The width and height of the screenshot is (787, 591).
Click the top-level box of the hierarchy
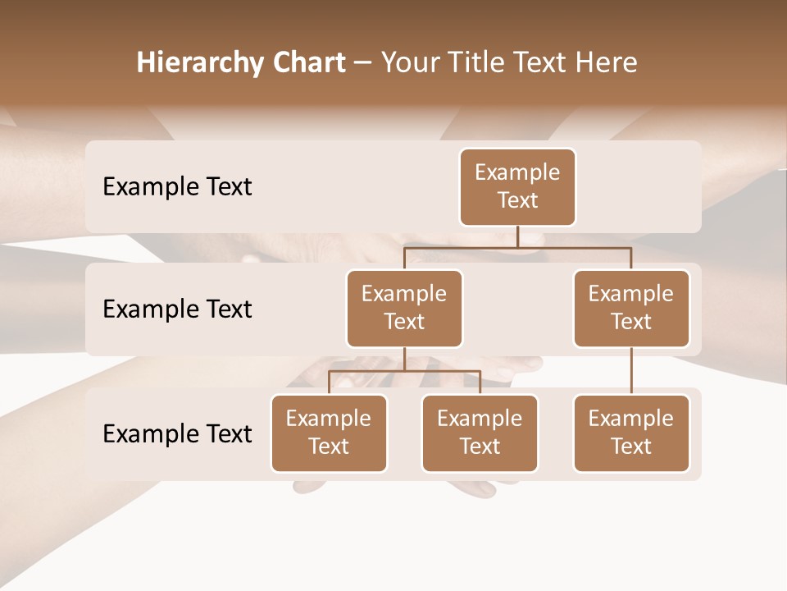[x=517, y=187]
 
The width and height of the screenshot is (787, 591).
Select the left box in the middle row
[x=404, y=309]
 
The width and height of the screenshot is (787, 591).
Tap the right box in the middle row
[x=631, y=309]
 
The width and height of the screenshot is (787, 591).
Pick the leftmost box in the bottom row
[x=329, y=433]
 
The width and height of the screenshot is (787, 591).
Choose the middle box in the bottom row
[x=480, y=433]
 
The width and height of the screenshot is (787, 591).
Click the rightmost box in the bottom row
[x=631, y=433]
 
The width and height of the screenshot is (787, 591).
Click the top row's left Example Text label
[x=177, y=187]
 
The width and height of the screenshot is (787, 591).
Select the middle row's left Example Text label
[x=177, y=309]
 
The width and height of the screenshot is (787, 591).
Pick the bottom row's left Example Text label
[x=177, y=433]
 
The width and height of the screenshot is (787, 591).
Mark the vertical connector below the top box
[x=517, y=236]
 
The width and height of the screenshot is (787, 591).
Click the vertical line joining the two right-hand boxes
[x=631, y=371]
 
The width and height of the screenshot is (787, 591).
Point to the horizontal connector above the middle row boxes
[x=517, y=246]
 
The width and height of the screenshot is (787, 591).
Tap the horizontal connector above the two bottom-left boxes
[x=404, y=371]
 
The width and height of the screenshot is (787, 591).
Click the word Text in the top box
[x=517, y=200]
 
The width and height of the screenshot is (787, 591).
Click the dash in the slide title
[x=362, y=63]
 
